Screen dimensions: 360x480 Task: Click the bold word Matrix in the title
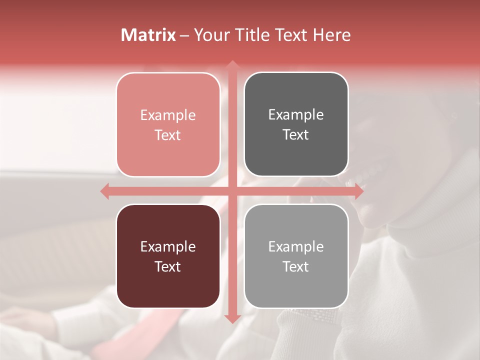click(148, 35)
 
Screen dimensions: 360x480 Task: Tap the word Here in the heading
click(331, 35)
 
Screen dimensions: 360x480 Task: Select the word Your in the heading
click(210, 35)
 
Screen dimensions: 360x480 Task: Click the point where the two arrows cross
click(232, 191)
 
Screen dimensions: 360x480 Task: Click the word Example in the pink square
click(168, 115)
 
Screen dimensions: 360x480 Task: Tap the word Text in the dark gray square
click(296, 134)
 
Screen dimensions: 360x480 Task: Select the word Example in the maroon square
click(168, 247)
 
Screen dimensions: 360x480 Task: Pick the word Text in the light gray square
click(296, 266)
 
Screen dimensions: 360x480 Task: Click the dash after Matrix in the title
click(184, 35)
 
